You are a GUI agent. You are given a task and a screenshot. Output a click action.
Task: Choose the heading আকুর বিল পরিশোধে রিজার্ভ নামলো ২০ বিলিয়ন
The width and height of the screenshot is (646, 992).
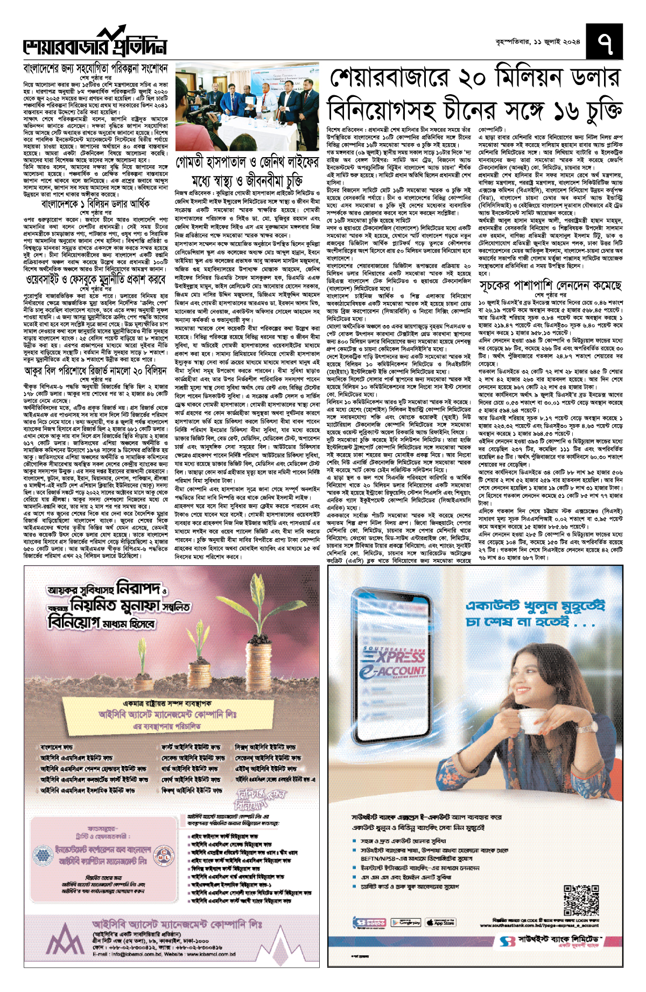click(x=95, y=371)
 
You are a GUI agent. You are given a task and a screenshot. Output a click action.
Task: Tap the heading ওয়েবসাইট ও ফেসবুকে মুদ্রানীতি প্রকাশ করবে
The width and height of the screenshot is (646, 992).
click(x=95, y=280)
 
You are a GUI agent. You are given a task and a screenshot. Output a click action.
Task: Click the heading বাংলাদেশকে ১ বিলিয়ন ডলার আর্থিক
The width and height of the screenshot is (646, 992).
click(x=95, y=205)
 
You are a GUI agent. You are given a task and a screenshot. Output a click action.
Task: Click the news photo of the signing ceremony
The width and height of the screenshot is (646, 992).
click(x=247, y=109)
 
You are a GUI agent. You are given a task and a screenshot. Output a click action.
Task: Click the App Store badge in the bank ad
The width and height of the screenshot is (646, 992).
click(x=440, y=922)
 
